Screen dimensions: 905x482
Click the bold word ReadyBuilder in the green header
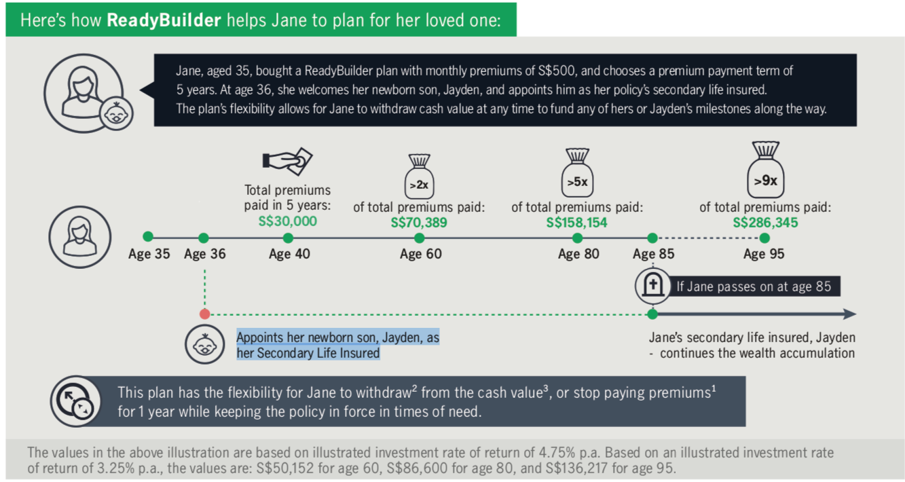click(x=164, y=20)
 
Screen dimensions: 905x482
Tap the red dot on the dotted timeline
click(x=205, y=314)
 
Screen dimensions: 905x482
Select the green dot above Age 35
click(x=148, y=236)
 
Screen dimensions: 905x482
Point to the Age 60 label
click(x=420, y=254)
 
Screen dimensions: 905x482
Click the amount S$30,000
click(x=288, y=221)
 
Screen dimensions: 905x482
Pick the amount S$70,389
click(x=419, y=223)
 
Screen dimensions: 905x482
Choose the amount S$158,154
click(x=576, y=223)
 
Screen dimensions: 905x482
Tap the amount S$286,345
click(x=765, y=223)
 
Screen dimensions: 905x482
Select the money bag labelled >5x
click(x=577, y=172)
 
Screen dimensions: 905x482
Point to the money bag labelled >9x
click(x=765, y=170)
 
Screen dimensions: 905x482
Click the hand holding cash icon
click(x=288, y=162)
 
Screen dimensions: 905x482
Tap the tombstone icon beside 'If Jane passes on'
click(x=653, y=286)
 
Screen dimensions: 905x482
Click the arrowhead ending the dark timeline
click(x=850, y=314)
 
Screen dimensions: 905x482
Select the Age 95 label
click(x=764, y=254)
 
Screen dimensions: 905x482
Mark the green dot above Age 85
click(x=652, y=238)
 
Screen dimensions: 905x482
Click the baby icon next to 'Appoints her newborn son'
click(x=205, y=345)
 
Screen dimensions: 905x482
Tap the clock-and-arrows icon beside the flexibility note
click(x=75, y=401)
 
